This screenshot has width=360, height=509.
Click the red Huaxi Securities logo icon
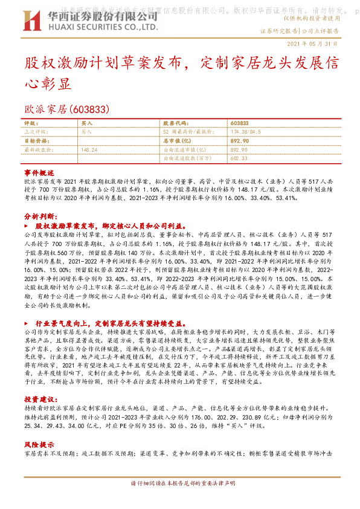(x=32, y=20)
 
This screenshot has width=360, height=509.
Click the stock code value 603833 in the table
(x=239, y=123)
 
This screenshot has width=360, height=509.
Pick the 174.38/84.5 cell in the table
(x=243, y=131)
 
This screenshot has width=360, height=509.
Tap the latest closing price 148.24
(x=89, y=149)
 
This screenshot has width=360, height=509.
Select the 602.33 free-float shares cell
(x=240, y=157)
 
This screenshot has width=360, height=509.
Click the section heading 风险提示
(x=39, y=443)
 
